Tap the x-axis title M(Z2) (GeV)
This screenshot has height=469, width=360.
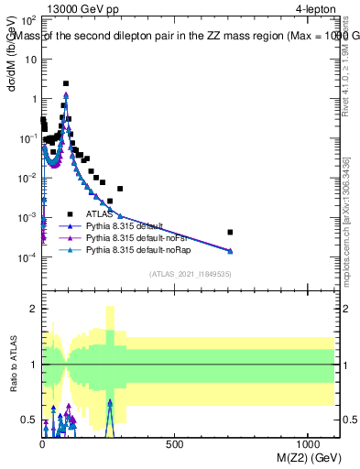303,456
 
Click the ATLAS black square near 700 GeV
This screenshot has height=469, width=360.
230,232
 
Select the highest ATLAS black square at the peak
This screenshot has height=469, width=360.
66,83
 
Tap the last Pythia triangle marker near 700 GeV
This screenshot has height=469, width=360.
230,250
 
